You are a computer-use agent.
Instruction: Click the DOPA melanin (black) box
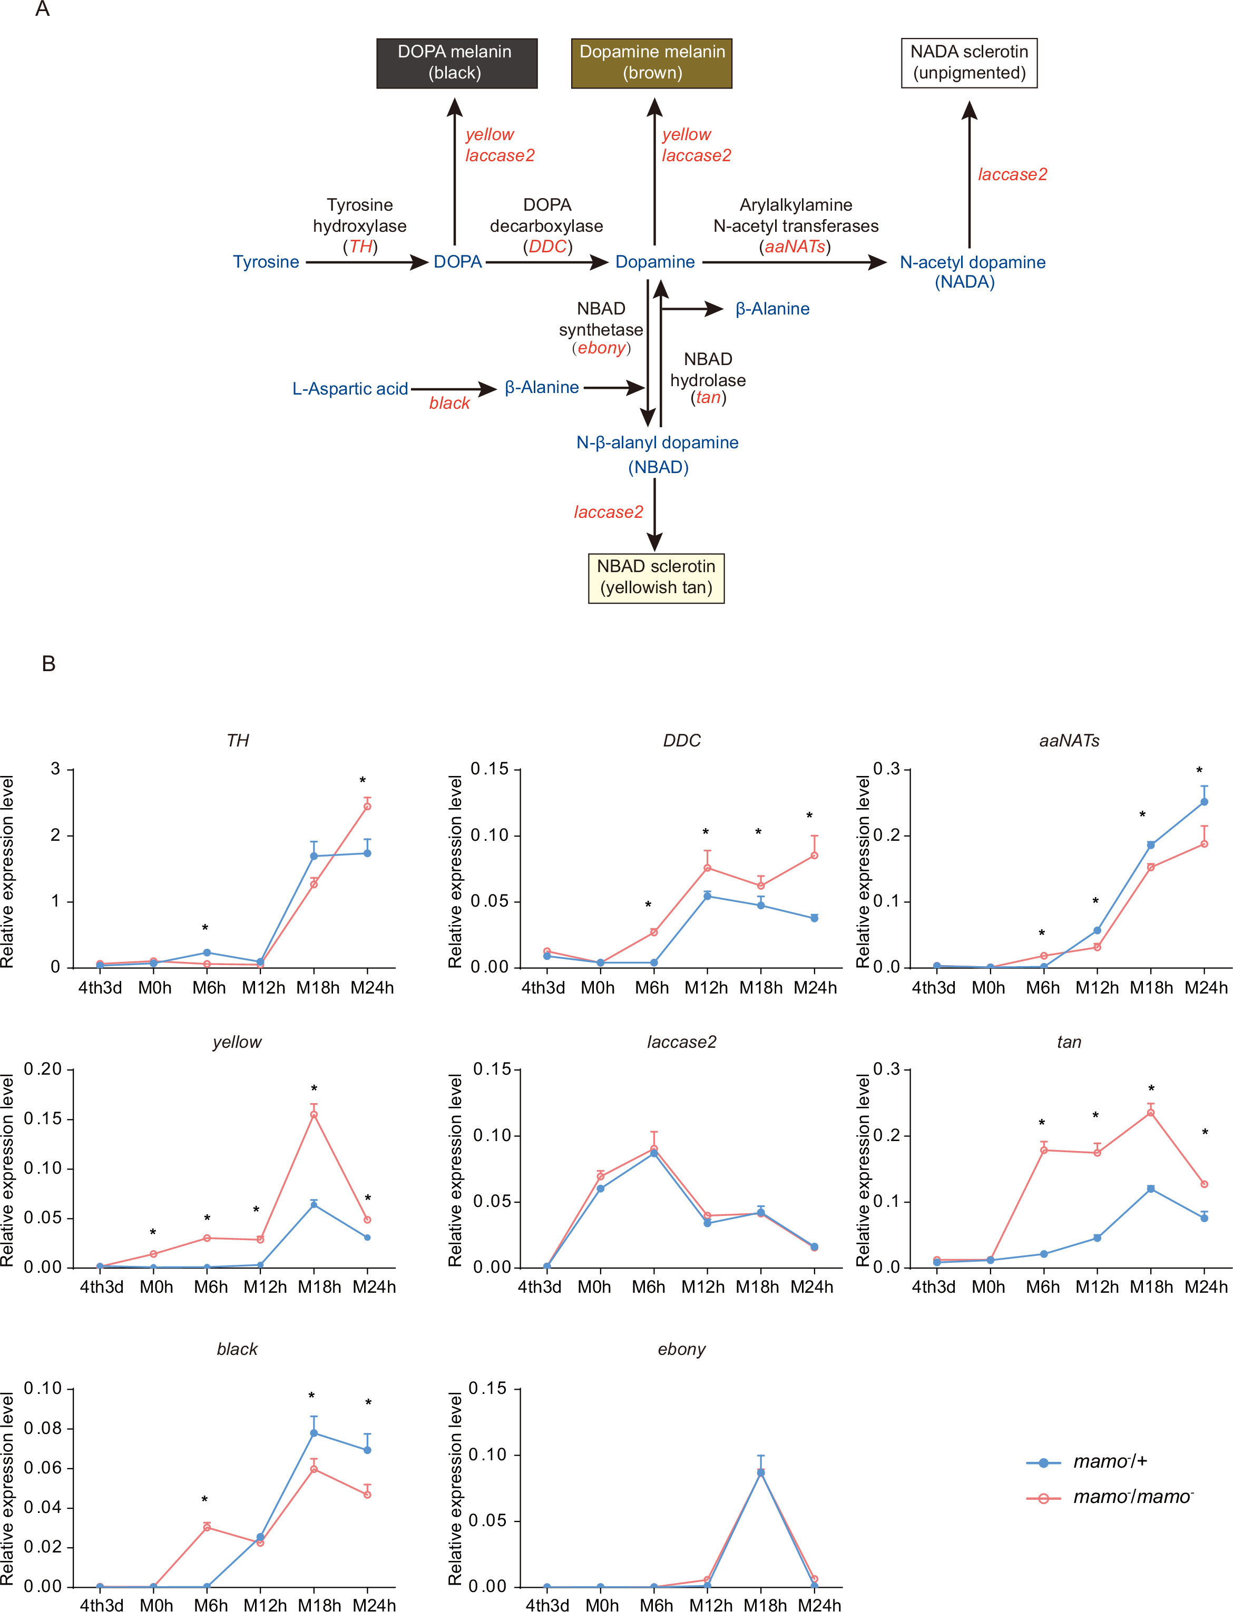[x=456, y=63]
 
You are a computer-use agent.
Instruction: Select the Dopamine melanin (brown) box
[x=652, y=63]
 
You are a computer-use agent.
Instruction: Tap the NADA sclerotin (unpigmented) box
[x=969, y=63]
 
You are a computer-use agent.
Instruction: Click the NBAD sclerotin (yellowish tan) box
[x=656, y=578]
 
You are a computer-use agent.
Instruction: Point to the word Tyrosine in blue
[x=266, y=262]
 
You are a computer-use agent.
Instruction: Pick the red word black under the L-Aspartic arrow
[x=449, y=404]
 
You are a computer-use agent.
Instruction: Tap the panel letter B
[x=48, y=664]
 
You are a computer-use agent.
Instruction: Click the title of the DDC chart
[x=681, y=740]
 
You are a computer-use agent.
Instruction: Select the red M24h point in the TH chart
[x=367, y=807]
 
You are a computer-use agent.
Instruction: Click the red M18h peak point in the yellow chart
[x=314, y=1115]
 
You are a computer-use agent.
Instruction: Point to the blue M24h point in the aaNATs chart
[x=1203, y=802]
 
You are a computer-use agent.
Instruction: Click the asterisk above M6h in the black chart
[x=205, y=1500]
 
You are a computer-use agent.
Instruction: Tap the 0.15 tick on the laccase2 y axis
[x=493, y=1070]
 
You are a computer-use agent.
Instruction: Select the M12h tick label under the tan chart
[x=1097, y=1287]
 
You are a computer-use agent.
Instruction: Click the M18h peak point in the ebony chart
[x=760, y=1472]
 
